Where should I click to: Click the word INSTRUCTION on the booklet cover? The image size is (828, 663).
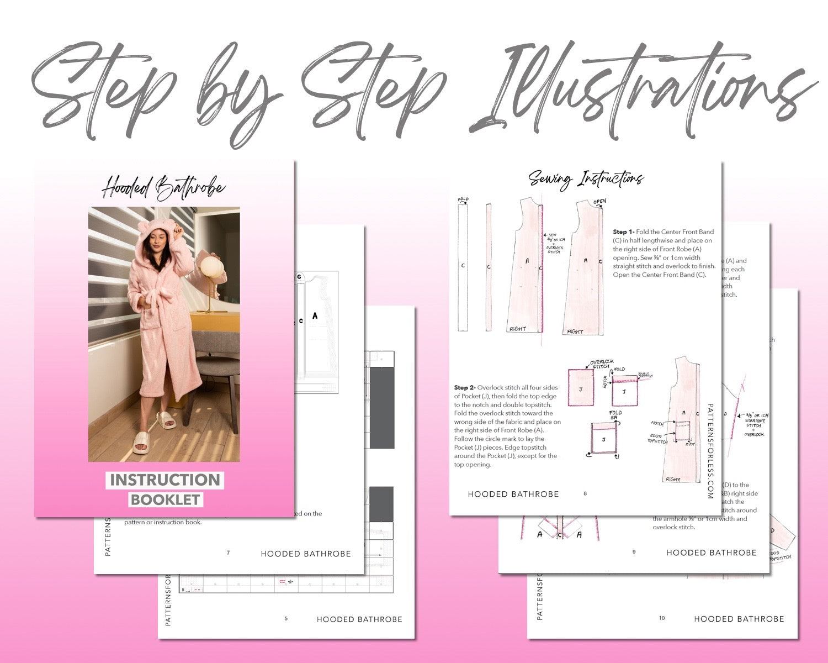164,480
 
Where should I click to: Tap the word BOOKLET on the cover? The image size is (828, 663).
165,499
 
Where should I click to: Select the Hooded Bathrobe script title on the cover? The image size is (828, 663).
163,188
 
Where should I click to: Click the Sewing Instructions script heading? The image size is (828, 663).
586,178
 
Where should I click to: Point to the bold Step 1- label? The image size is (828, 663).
624,232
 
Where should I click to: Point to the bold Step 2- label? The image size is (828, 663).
465,388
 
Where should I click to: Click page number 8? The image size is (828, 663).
585,493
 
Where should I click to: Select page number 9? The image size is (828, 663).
634,552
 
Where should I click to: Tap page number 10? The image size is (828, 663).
662,618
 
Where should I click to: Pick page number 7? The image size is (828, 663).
228,553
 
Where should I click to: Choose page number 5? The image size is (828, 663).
286,619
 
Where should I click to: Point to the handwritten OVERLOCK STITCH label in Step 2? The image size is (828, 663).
600,364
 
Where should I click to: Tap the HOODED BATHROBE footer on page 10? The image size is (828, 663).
739,619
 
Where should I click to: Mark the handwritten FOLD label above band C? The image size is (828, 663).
463,199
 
